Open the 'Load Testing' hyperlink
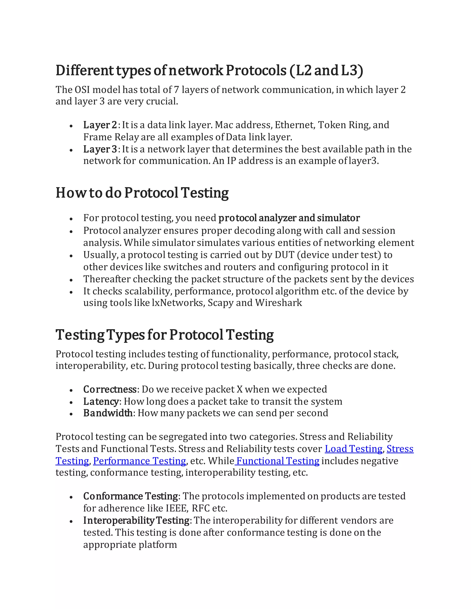click(x=353, y=449)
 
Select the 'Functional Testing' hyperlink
click(x=277, y=461)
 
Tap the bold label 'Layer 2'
click(x=100, y=125)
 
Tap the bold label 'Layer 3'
click(x=100, y=149)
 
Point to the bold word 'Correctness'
click(x=110, y=389)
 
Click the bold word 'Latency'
click(x=101, y=401)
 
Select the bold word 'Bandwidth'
click(x=108, y=413)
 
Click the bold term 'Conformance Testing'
click(x=131, y=496)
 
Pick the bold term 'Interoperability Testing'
click(x=136, y=520)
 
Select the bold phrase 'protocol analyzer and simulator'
click(x=289, y=218)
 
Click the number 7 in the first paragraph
click(x=176, y=90)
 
